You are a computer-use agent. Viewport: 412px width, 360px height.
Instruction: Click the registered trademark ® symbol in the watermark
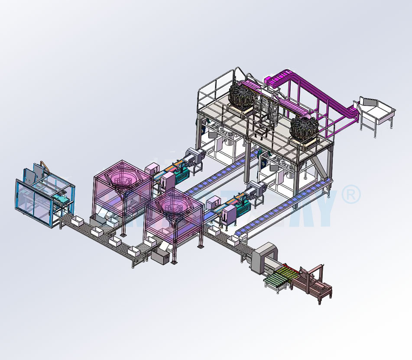[350, 195]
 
